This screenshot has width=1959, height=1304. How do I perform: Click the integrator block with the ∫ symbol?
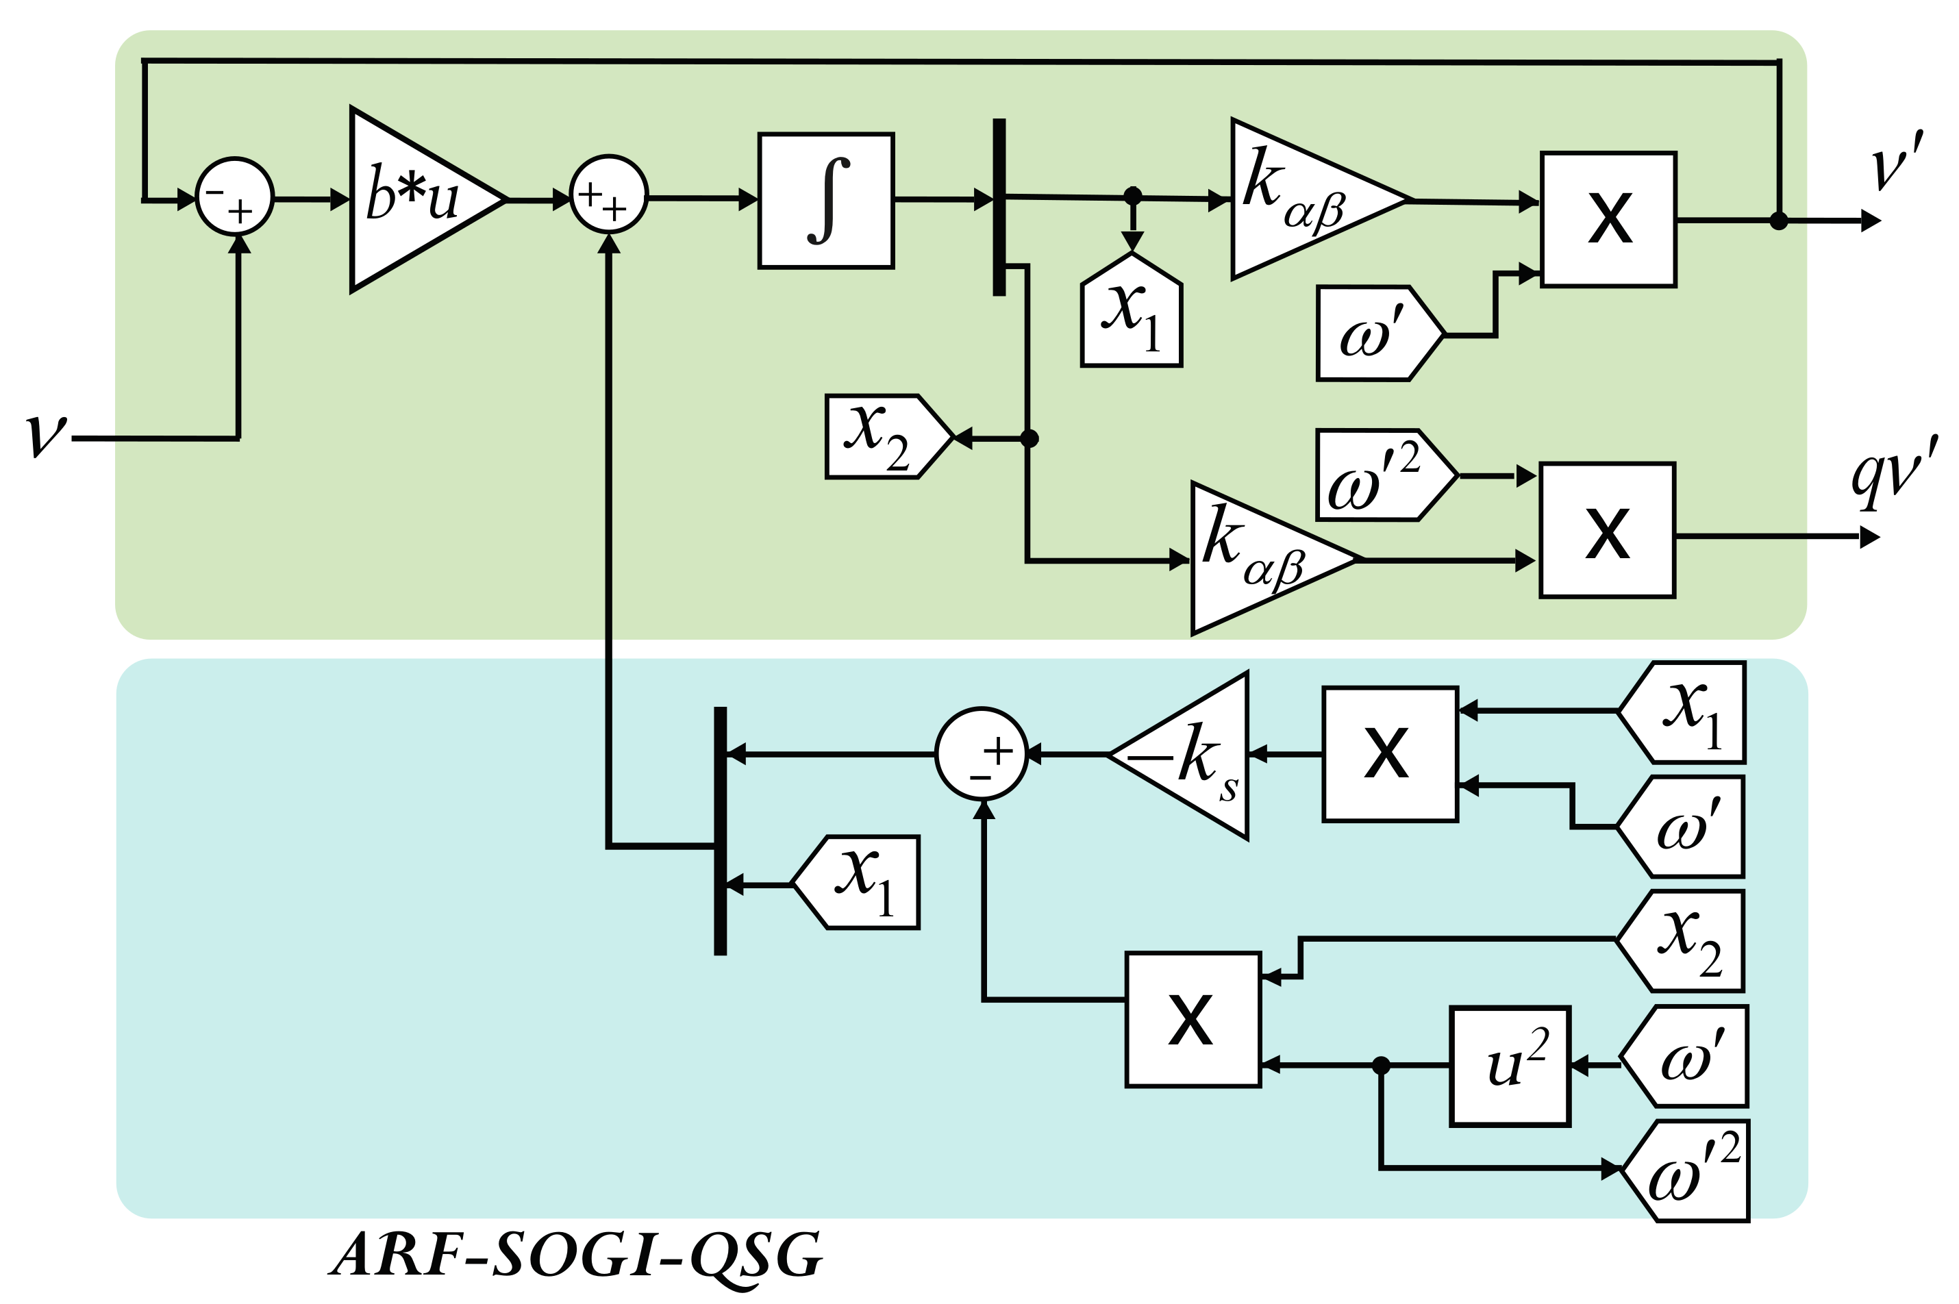[825, 201]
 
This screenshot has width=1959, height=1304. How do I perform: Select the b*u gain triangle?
[416, 199]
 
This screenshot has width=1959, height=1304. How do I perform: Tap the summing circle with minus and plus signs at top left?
[234, 197]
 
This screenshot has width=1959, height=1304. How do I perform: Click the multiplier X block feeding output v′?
[1608, 220]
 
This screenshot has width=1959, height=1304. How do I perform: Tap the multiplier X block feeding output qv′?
[1606, 531]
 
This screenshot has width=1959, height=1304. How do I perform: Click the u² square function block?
[1509, 1067]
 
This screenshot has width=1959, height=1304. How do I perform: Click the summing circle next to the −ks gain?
[981, 754]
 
